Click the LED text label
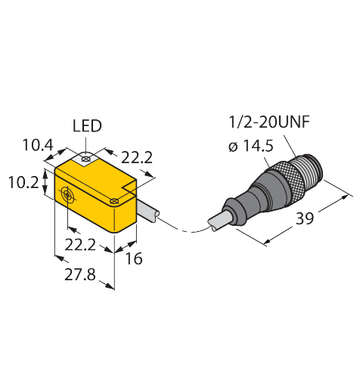coord(87,126)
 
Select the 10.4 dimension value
coord(38,145)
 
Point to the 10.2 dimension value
coord(23,182)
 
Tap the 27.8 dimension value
coord(80,274)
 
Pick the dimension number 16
coord(134,258)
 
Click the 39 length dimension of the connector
coord(305,218)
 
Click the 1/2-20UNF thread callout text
coord(269,122)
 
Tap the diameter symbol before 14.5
coord(233,147)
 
